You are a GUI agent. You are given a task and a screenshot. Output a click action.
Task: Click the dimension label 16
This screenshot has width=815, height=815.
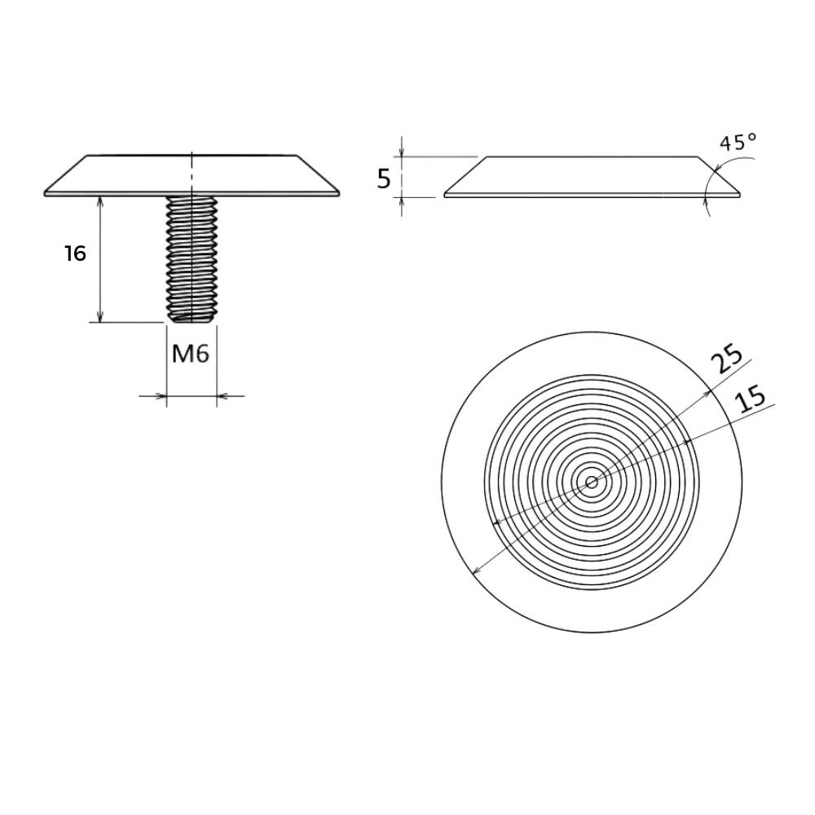coord(75,253)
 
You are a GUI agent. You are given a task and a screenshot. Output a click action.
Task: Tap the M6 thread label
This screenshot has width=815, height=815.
coord(190,355)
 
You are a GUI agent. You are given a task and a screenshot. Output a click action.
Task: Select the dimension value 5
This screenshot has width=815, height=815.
coord(384,179)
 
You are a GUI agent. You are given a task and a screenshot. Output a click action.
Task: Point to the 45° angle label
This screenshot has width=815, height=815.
coord(738,142)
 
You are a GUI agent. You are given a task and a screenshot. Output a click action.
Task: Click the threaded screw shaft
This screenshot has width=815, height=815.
coord(192,259)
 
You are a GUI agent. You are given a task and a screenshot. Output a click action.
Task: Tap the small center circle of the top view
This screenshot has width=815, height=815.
coord(592,482)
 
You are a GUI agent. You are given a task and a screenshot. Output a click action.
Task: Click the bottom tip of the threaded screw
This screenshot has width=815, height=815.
coord(192,322)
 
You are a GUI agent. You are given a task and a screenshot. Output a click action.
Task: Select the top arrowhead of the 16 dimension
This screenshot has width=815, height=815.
coord(100,201)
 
